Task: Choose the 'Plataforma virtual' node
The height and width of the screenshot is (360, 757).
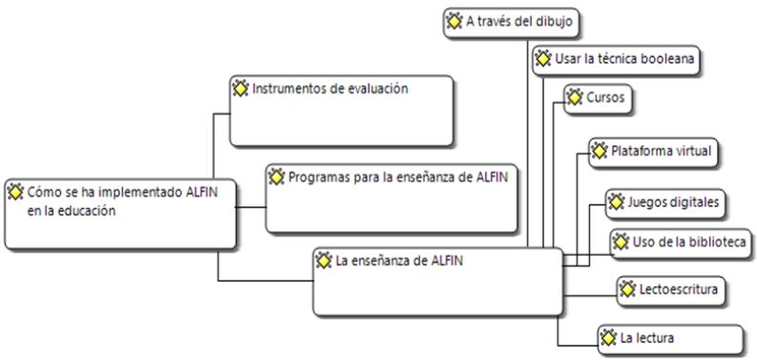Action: tap(659, 151)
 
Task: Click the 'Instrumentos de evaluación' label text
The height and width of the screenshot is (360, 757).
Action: tap(330, 90)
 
